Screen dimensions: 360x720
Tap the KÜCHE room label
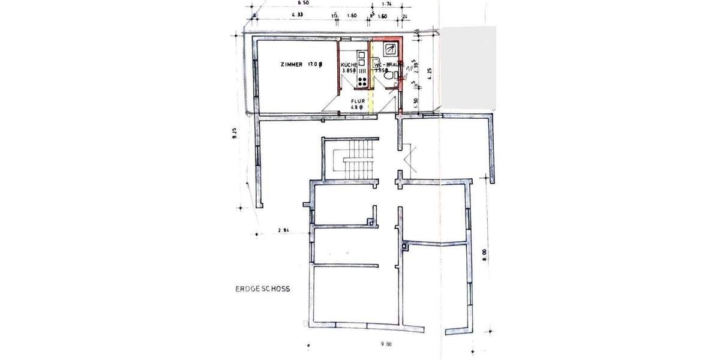(349, 64)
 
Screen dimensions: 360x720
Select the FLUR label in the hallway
(359, 101)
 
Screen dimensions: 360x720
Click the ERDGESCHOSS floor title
(263, 288)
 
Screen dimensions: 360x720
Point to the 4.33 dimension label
(296, 15)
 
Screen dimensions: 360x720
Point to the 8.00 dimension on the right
(484, 254)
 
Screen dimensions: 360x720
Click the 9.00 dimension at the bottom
(385, 344)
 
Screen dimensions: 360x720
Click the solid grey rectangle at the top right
(468, 67)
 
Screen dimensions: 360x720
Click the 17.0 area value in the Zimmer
(314, 64)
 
